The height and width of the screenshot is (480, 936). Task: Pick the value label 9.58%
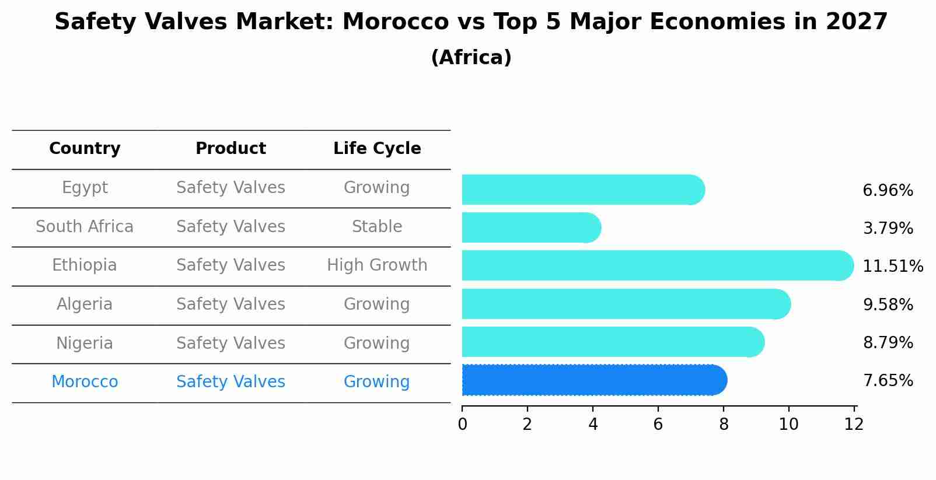point(888,304)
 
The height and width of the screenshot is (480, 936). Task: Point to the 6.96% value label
point(888,191)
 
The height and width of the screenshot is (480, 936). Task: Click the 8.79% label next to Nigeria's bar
point(888,342)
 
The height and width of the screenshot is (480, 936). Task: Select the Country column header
point(85,149)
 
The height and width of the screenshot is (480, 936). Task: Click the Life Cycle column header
point(377,149)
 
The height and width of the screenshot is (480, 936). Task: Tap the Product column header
point(230,149)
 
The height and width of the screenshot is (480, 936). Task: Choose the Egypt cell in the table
point(85,188)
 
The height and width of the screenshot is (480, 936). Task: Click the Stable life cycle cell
point(377,227)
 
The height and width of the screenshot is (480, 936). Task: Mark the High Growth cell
point(377,265)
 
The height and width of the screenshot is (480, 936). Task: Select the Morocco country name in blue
point(85,382)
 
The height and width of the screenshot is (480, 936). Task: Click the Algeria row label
point(85,304)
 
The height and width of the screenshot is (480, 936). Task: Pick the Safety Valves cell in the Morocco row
point(230,382)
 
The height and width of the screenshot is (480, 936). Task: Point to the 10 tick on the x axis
point(788,425)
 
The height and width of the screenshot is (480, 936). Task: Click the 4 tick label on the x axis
point(593,425)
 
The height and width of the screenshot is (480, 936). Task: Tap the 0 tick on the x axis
point(462,425)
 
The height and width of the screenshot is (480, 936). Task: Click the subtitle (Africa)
point(471,58)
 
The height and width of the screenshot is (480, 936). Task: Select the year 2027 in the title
point(856,22)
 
